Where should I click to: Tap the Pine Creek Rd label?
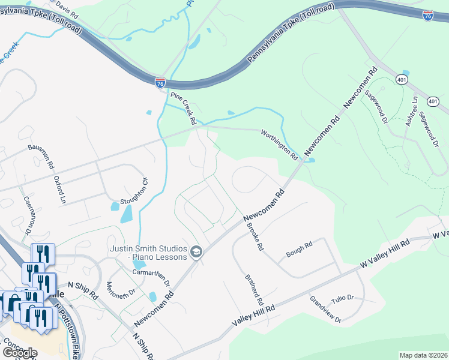[184, 108]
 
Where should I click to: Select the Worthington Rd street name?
[279, 144]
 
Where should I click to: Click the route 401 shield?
[401, 79]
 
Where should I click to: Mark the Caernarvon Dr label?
[27, 214]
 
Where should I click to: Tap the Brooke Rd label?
[255, 237]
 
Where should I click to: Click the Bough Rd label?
[299, 250]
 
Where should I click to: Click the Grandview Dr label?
[325, 310]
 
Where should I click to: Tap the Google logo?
[19, 352]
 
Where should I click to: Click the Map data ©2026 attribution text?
[423, 355]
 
